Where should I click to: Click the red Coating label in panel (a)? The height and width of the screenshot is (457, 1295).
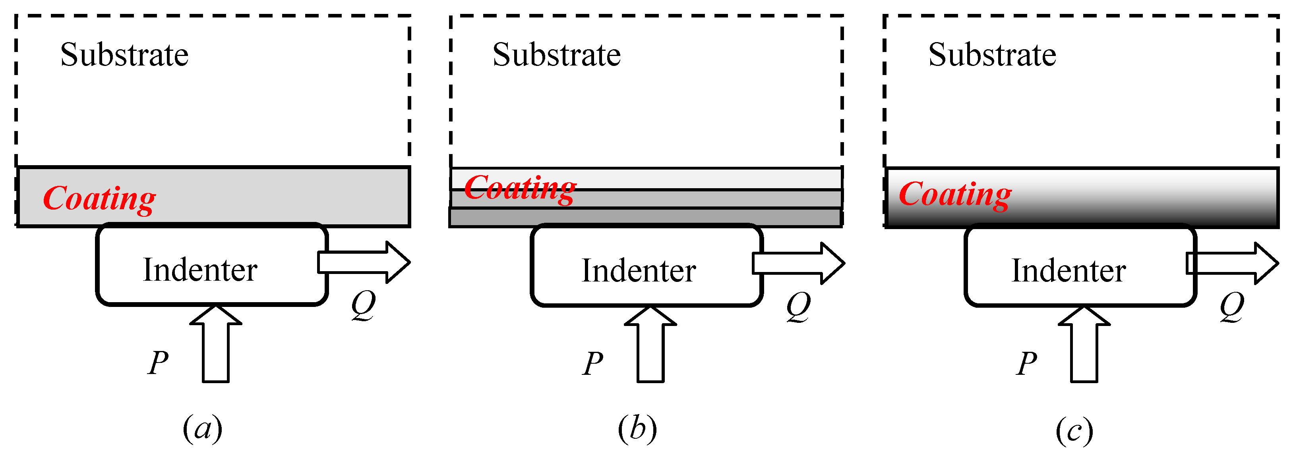click(x=99, y=199)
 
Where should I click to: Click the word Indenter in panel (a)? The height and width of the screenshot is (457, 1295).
click(x=200, y=270)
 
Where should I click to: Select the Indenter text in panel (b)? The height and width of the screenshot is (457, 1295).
click(x=639, y=271)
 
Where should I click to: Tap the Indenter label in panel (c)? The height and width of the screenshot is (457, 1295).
click(x=1068, y=271)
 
